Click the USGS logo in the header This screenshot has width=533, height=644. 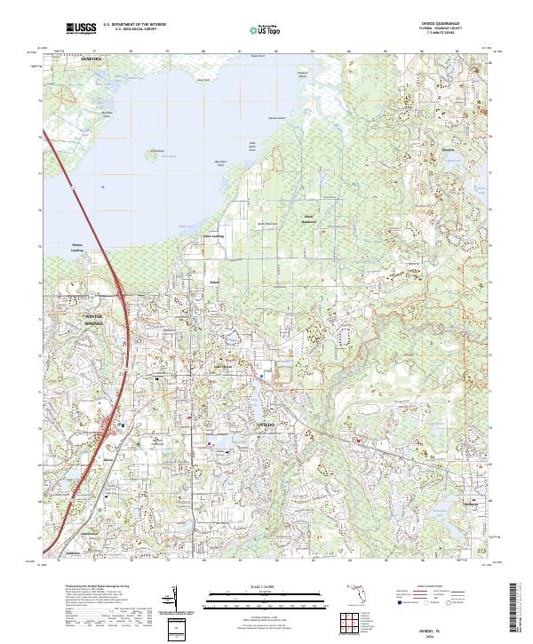pos(82,28)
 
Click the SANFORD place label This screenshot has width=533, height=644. pos(67,59)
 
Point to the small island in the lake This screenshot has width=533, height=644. pos(157,151)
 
